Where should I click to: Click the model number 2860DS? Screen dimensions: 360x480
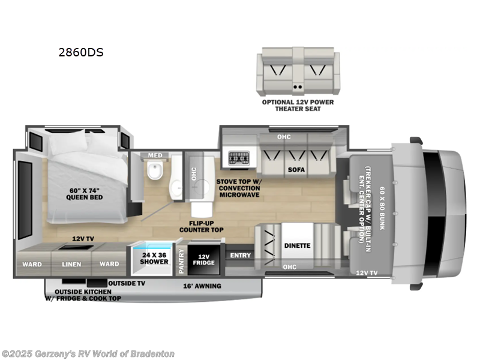pyautogui.click(x=80, y=52)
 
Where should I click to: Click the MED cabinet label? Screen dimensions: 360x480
pyautogui.click(x=155, y=156)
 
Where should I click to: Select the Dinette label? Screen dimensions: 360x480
pyautogui.click(x=297, y=245)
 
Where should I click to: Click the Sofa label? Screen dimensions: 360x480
pyautogui.click(x=296, y=170)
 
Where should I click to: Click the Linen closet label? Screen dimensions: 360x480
pyautogui.click(x=71, y=263)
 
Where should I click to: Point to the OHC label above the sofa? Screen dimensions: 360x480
pyautogui.click(x=284, y=137)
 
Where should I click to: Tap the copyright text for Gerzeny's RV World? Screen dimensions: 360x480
pyautogui.click(x=88, y=354)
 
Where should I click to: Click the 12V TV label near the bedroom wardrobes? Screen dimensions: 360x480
pyautogui.click(x=83, y=238)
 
